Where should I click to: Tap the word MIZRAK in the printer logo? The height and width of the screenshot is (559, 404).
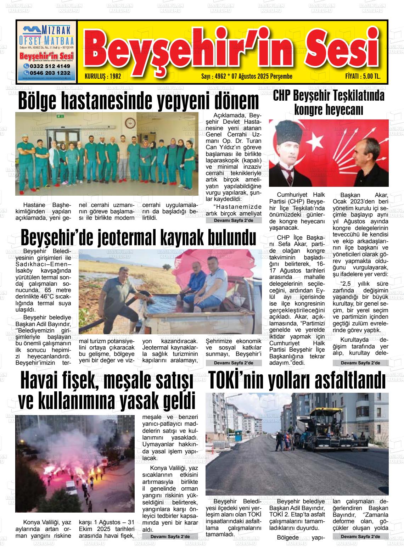pos(56,29)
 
